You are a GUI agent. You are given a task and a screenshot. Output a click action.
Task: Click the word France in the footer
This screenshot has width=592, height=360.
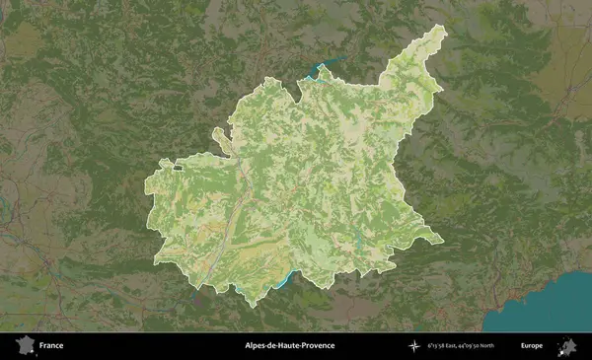click(51, 346)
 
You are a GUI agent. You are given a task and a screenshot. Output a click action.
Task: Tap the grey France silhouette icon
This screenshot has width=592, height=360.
click(24, 346)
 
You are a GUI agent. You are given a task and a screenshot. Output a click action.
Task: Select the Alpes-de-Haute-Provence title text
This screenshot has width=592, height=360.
click(290, 346)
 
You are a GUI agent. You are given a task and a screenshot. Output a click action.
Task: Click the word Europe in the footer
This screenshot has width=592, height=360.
click(532, 346)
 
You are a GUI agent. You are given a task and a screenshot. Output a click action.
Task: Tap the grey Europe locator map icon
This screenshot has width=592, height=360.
click(567, 345)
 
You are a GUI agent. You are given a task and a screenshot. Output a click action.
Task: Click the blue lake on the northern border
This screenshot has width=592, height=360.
click(321, 70)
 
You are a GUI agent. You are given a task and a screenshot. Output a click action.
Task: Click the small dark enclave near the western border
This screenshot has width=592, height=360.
click(179, 169)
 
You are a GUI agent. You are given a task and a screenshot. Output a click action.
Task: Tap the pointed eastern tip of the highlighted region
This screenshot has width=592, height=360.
click(438, 239)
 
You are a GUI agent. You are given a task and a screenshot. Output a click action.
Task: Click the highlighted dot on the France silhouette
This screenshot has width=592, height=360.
click(29, 348)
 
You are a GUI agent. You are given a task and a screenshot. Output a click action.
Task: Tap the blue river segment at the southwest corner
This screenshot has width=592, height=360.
click(196, 291)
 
